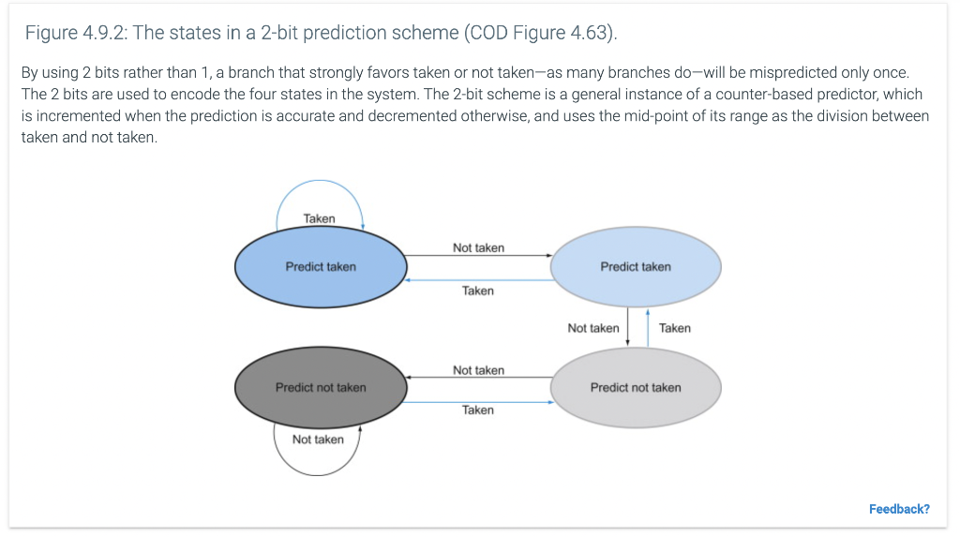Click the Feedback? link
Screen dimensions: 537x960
899,509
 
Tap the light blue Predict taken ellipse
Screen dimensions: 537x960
636,267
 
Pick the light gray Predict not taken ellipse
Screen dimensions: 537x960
636,387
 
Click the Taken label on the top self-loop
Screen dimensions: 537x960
319,218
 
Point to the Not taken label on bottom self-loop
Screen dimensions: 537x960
318,440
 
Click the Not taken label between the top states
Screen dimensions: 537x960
478,247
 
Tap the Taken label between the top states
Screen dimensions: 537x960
477,291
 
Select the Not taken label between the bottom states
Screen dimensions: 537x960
478,370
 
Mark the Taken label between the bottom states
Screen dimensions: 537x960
477,410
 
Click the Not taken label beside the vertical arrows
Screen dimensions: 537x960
592,328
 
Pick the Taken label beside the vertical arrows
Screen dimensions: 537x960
674,328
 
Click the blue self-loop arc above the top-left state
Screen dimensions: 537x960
319,181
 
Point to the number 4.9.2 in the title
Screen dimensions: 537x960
105,34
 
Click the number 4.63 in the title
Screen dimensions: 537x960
589,34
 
